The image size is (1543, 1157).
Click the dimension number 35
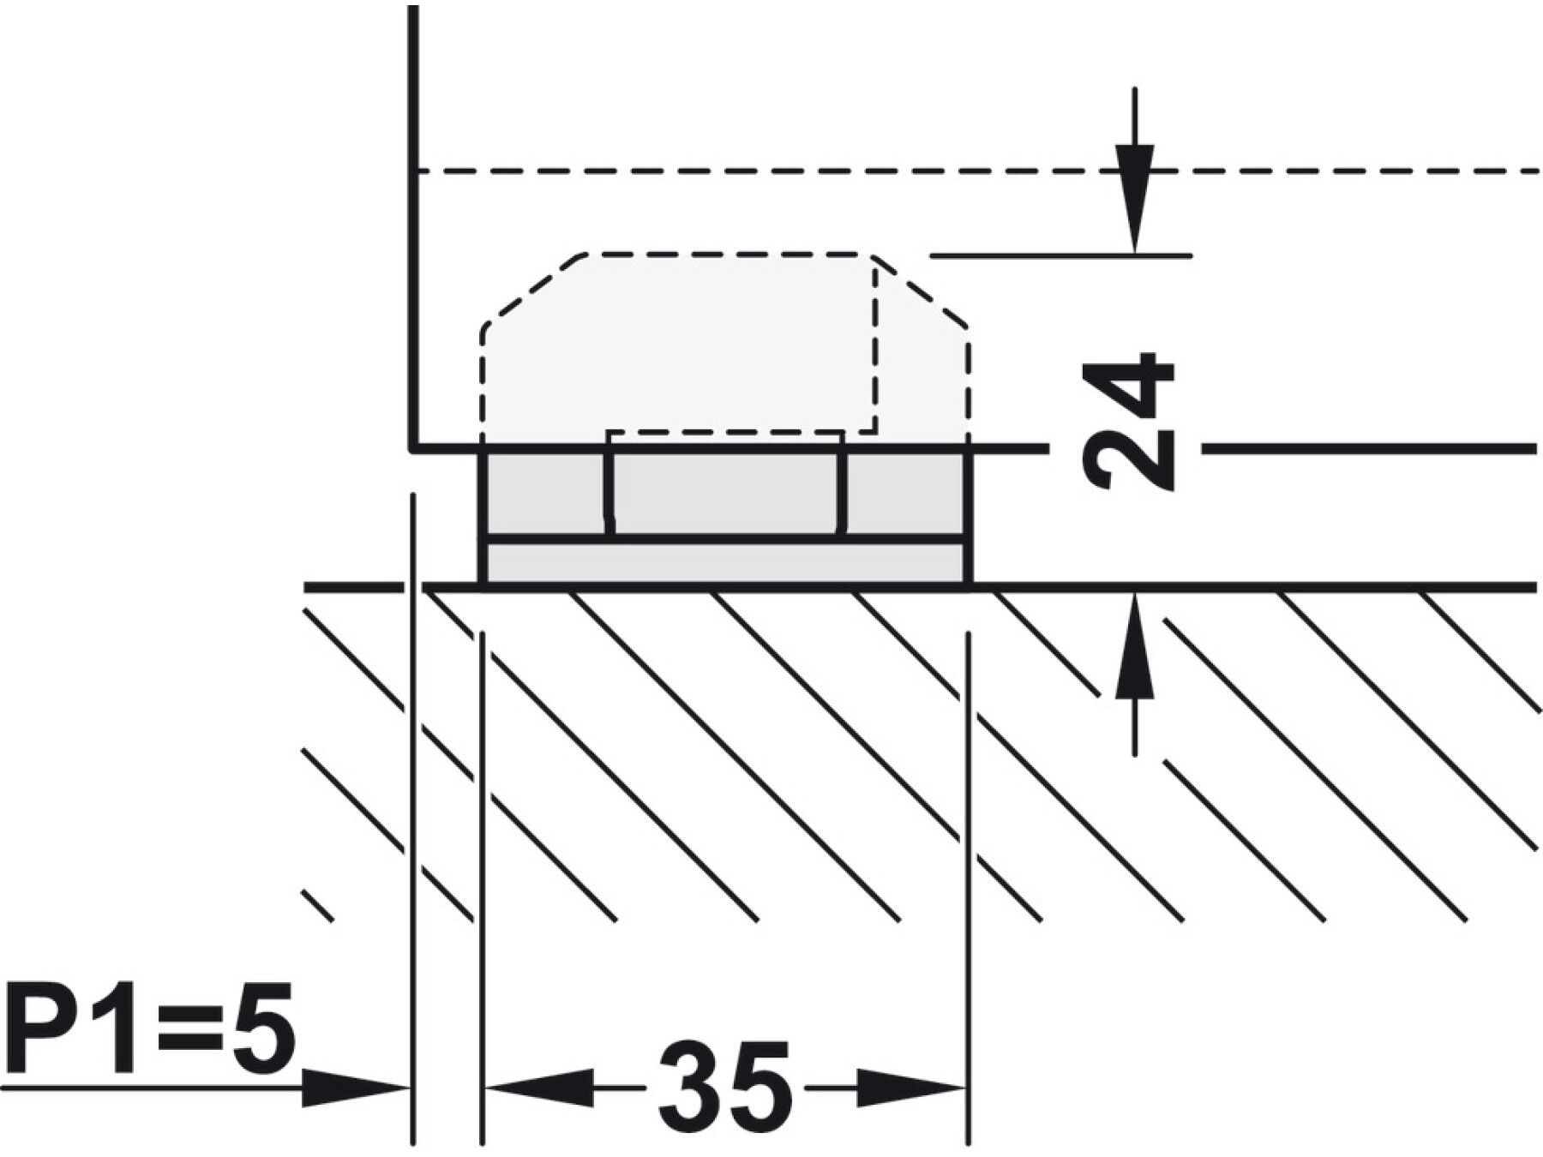723,1087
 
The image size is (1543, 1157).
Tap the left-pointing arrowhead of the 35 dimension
540,1088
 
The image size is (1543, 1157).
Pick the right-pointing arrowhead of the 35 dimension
912,1088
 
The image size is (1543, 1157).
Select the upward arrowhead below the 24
1135,644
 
